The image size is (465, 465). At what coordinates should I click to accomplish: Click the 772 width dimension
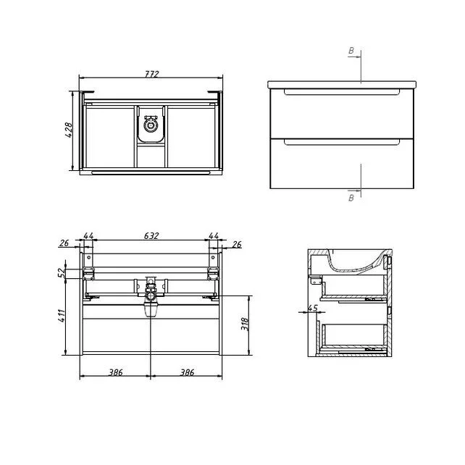pos(152,74)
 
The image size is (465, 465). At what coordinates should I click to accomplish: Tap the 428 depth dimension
pos(68,130)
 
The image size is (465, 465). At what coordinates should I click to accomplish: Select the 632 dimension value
pos(151,236)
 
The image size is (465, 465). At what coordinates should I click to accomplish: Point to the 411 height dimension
pos(62,316)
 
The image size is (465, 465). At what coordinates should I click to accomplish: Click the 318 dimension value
pos(245,324)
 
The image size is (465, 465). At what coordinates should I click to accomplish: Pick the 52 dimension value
pos(61,272)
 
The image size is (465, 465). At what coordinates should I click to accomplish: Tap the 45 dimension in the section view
pos(313,308)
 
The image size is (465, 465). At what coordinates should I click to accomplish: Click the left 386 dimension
pos(115,372)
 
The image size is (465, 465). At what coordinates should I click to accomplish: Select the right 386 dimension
pos(187,372)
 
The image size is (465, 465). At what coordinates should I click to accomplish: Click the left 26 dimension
pos(64,243)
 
